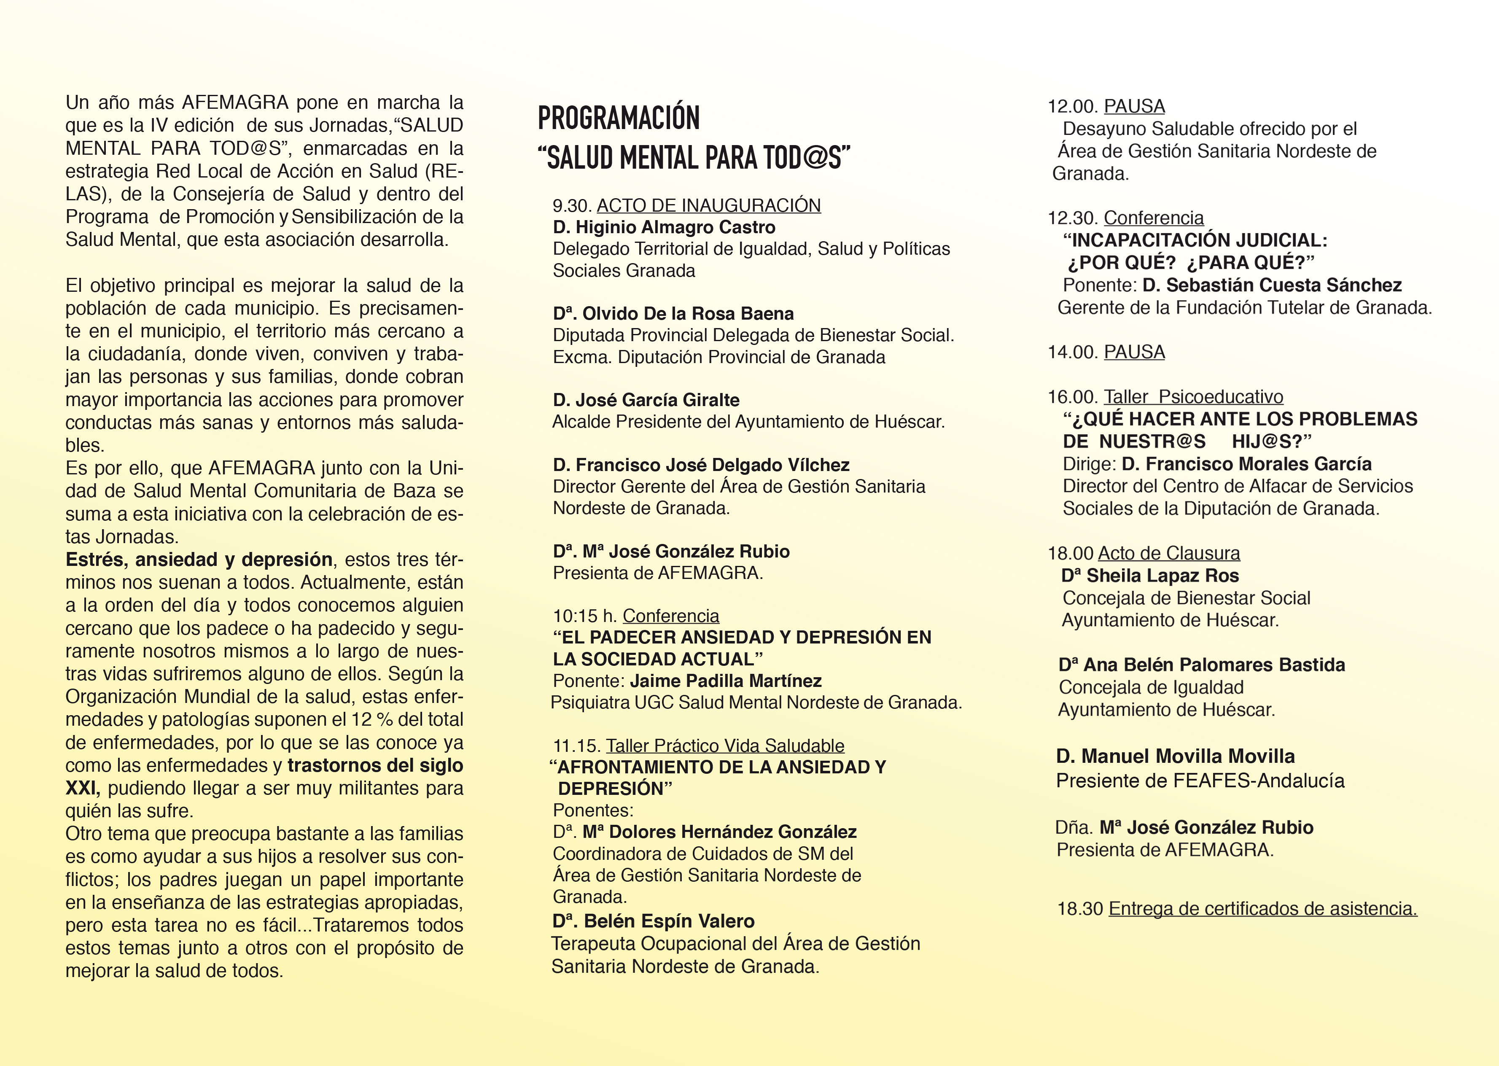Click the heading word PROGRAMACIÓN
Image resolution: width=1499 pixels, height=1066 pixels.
618,118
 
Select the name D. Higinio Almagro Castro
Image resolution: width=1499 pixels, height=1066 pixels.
664,227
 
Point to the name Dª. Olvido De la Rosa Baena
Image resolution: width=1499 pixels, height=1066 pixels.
673,314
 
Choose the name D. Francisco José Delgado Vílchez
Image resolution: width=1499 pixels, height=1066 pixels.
701,465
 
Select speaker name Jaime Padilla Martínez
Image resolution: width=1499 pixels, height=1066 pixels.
725,681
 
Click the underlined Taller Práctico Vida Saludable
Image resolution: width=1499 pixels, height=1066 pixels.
724,746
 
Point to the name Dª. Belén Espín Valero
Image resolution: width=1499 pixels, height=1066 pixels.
653,921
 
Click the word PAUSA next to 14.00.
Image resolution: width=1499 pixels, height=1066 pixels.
1134,352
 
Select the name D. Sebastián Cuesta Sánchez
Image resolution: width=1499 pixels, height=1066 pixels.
1271,285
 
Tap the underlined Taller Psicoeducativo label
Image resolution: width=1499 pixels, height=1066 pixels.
1193,396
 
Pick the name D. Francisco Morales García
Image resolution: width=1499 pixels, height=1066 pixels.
1246,464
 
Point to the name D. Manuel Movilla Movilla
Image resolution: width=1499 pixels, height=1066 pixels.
1175,756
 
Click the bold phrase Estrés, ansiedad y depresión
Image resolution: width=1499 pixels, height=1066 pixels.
199,559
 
